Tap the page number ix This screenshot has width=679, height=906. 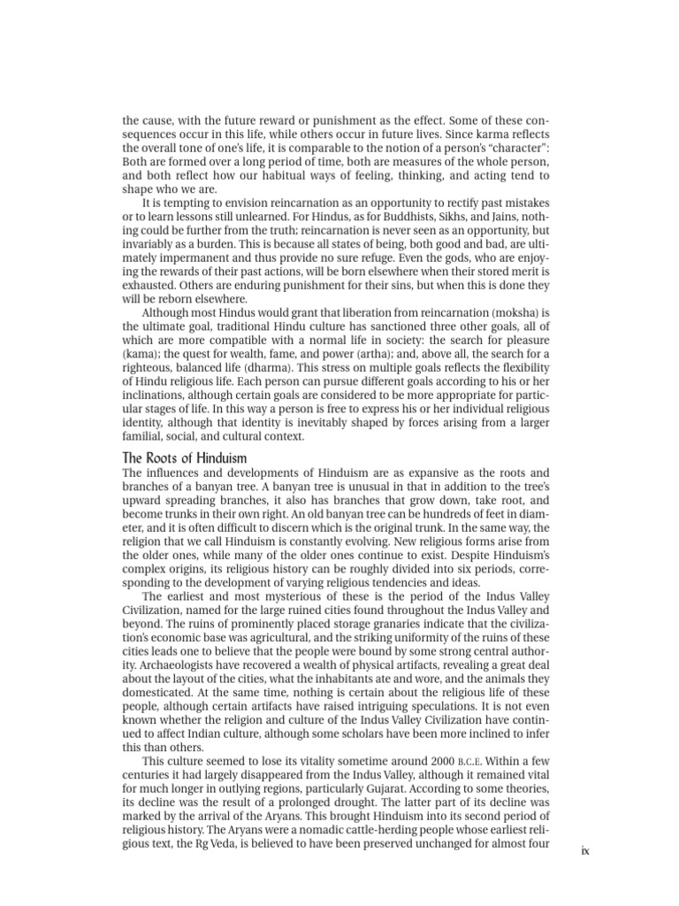pos(584,852)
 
